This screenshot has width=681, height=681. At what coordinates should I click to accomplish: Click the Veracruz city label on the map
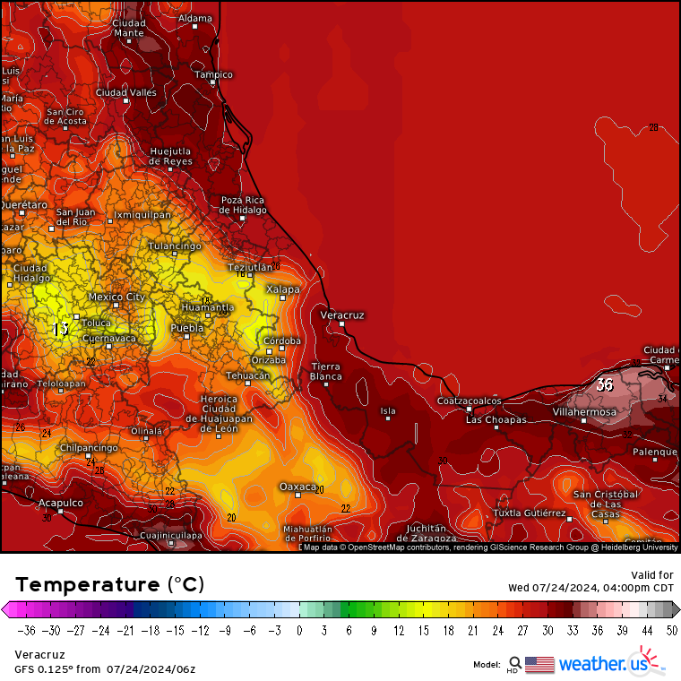coord(342,315)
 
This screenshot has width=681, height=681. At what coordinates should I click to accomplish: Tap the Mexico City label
coord(116,297)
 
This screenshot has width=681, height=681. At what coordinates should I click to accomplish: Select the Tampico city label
coord(213,74)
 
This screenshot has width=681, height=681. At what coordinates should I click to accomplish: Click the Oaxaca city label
coord(297,487)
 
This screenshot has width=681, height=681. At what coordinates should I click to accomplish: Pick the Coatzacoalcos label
coord(469,401)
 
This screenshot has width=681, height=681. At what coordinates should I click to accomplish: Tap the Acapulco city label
coord(60,503)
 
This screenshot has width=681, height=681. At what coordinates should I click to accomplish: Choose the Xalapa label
coord(283,289)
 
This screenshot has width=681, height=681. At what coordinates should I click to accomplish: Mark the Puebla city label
coord(187,329)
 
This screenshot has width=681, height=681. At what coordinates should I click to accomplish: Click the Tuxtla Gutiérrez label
coord(530,513)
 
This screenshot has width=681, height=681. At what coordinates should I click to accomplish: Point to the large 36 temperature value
coord(605,384)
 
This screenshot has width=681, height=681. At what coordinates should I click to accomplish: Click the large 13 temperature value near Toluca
coord(60,330)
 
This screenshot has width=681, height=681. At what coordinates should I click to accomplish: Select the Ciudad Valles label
coord(126,92)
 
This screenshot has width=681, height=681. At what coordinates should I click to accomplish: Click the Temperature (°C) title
coord(109,585)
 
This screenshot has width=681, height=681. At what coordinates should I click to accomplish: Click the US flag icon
coord(539,664)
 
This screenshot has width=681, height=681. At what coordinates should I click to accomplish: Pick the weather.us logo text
coord(602,664)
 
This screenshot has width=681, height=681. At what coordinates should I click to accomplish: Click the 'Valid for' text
coord(654,575)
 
